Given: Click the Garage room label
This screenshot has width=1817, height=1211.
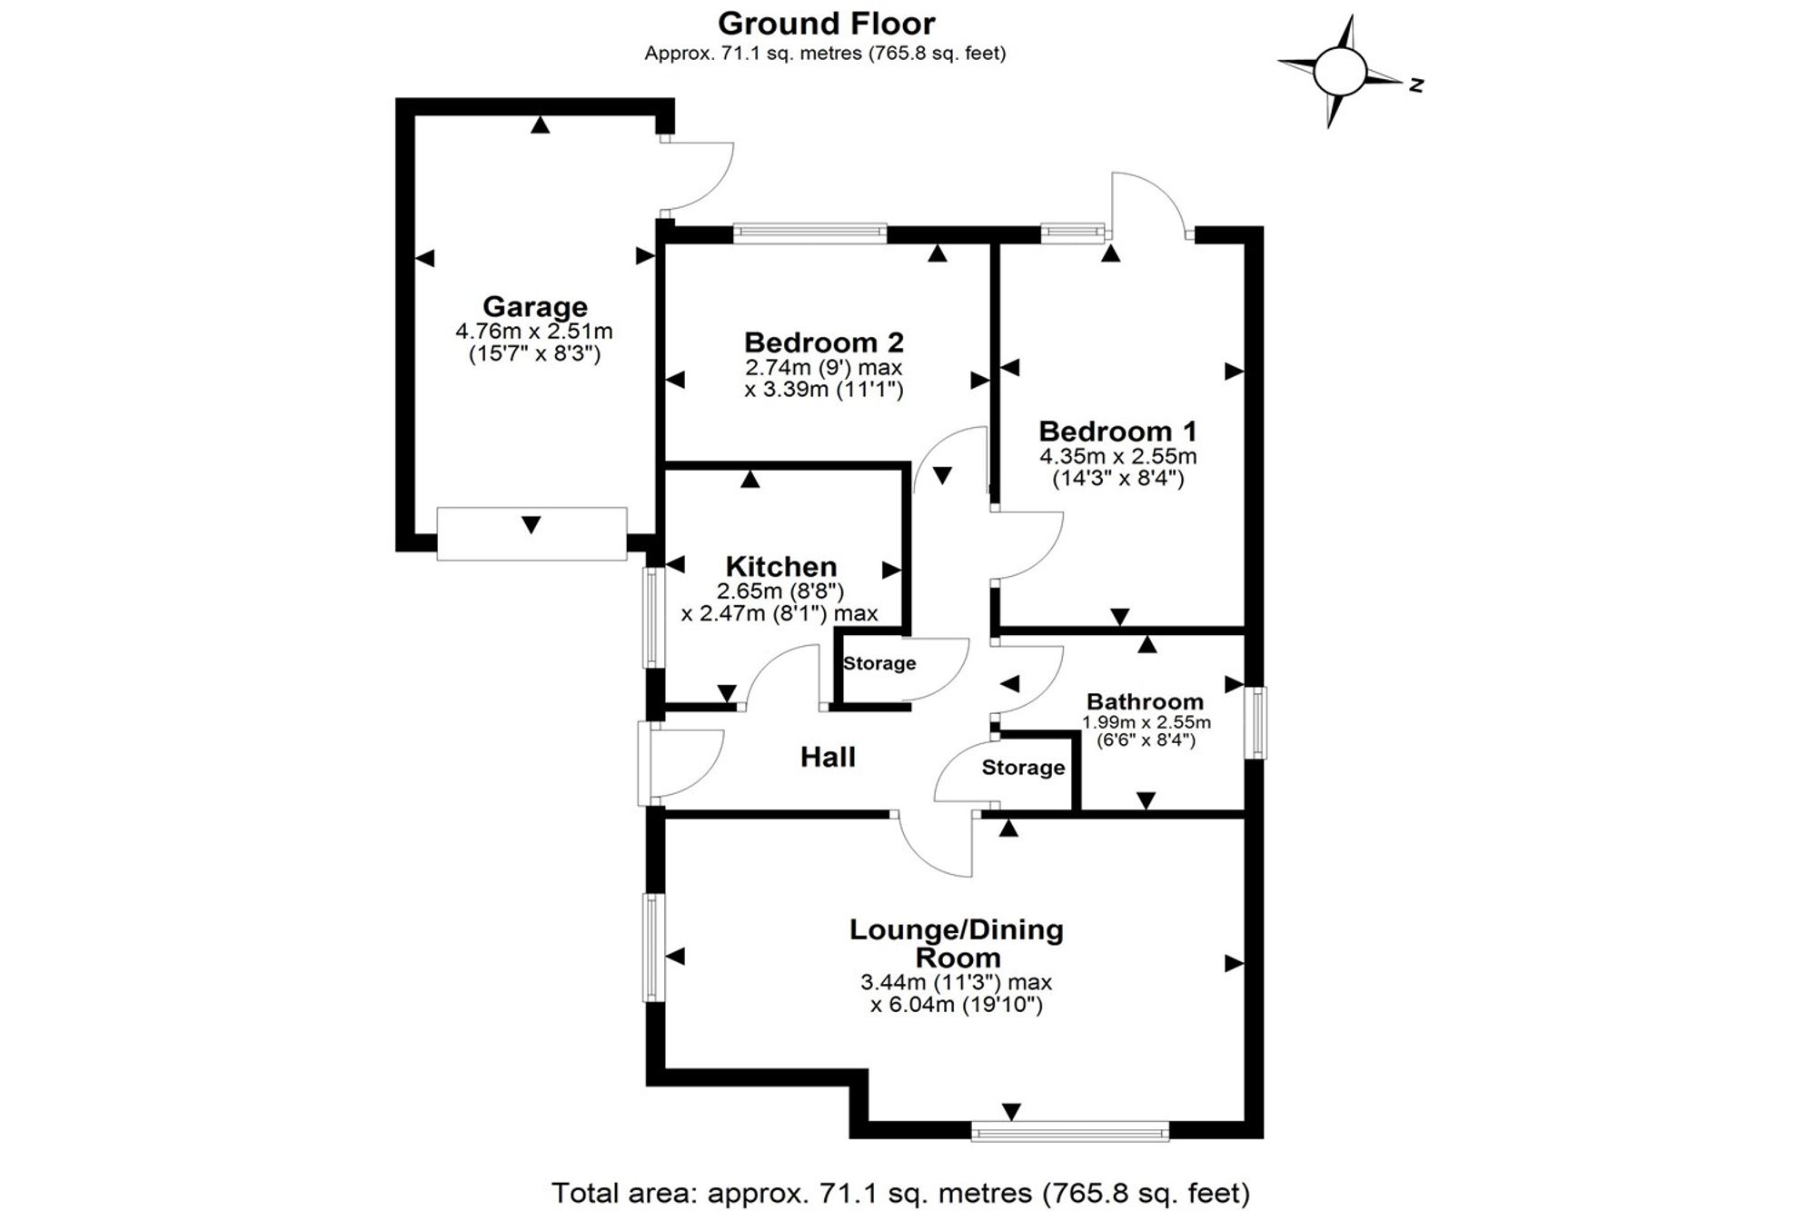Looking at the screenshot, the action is pos(534,307).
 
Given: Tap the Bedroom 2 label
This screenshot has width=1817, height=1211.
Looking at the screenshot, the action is pos(824,342).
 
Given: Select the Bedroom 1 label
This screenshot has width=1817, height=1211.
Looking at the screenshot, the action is pos(1117,431).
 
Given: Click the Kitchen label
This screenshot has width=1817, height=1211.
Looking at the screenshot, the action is pos(780,567).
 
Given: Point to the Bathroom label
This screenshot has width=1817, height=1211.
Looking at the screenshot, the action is pos(1145,701).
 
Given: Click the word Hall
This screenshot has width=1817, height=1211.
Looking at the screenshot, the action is pos(828,757).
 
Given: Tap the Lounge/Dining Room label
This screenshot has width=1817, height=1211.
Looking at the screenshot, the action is pos(957,944).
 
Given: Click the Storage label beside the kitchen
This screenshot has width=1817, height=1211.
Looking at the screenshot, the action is pos(879,663).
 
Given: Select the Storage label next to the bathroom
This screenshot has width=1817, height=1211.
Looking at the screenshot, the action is pos(1023,768).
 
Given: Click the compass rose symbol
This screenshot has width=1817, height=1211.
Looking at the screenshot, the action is pos(1340,71).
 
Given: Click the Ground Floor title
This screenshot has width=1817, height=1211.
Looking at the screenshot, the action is pos(826,23).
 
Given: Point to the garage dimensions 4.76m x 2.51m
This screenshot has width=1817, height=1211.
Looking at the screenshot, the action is pos(534,332).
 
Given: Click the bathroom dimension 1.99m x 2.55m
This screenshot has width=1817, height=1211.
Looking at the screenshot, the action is pos(1146,723).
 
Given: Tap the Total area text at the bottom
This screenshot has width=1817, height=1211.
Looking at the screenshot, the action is pos(900,1192).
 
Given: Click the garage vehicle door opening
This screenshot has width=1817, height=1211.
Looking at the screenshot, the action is pos(531,534).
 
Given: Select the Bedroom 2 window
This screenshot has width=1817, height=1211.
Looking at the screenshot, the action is pos(809,233).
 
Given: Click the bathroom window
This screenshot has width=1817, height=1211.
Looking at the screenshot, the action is pos(1256,722).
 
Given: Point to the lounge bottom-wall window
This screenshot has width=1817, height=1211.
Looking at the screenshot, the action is pos(1070,1131).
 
